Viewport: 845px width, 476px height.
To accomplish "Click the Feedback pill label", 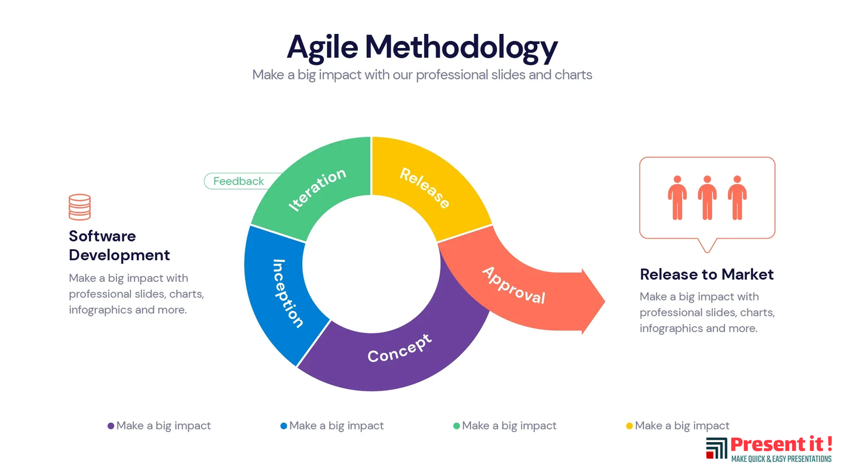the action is tap(239, 181).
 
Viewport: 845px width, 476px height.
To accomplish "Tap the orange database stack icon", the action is tap(80, 207).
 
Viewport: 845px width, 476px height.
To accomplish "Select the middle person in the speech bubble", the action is tap(708, 198).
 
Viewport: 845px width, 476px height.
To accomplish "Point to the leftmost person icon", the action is tap(678, 198).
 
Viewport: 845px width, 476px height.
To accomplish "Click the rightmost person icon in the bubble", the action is tap(737, 198).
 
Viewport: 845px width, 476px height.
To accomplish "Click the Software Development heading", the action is tap(119, 246).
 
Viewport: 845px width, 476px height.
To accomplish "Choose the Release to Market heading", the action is tap(706, 274).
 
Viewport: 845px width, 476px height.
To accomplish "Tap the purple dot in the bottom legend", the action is tap(111, 426).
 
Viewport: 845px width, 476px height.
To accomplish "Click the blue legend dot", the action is tap(284, 426).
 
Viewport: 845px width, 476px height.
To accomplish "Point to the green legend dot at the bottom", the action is tap(457, 426).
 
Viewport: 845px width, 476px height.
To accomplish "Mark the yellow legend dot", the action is tap(629, 426).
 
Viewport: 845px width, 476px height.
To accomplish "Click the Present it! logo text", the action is tap(781, 444).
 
